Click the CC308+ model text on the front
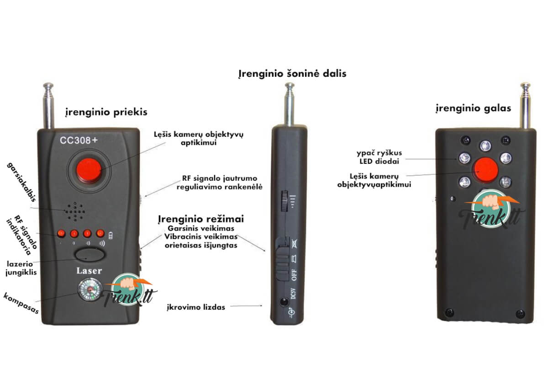click(x=79, y=140)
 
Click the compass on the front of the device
click(x=90, y=290)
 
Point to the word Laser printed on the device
click(x=89, y=271)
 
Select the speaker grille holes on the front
click(x=75, y=212)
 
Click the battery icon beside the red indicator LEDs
click(x=111, y=236)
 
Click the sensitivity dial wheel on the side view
click(x=284, y=201)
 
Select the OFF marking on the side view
click(x=294, y=275)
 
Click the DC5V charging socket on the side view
click(x=284, y=301)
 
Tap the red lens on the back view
click(x=486, y=170)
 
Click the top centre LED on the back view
click(x=485, y=146)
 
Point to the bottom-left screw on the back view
click(x=449, y=312)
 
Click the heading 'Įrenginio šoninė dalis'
click(x=292, y=74)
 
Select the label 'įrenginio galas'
click(x=474, y=108)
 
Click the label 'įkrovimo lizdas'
click(x=196, y=307)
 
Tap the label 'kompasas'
click(x=21, y=303)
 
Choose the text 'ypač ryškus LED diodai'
click(x=379, y=157)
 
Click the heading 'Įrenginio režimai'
click(x=201, y=219)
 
